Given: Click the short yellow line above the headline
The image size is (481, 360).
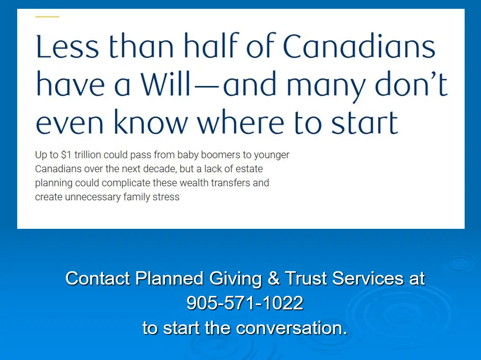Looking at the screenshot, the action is click(x=47, y=17).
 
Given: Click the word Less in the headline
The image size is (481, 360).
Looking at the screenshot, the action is click(x=67, y=47).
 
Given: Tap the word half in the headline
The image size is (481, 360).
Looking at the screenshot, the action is click(x=211, y=45).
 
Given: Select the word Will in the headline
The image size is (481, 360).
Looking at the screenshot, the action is click(x=166, y=83).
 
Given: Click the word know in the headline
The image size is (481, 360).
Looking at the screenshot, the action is click(x=150, y=122).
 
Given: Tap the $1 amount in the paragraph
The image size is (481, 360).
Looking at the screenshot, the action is click(x=66, y=155).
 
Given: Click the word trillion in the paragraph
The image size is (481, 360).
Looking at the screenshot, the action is click(x=88, y=155).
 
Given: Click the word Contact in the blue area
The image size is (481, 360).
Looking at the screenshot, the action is click(x=98, y=278).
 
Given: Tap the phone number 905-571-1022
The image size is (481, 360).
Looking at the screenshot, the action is click(x=245, y=303).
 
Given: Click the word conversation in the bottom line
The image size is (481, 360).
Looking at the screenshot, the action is click(x=292, y=328).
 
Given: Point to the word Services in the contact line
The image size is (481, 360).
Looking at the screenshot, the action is click(x=368, y=278).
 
